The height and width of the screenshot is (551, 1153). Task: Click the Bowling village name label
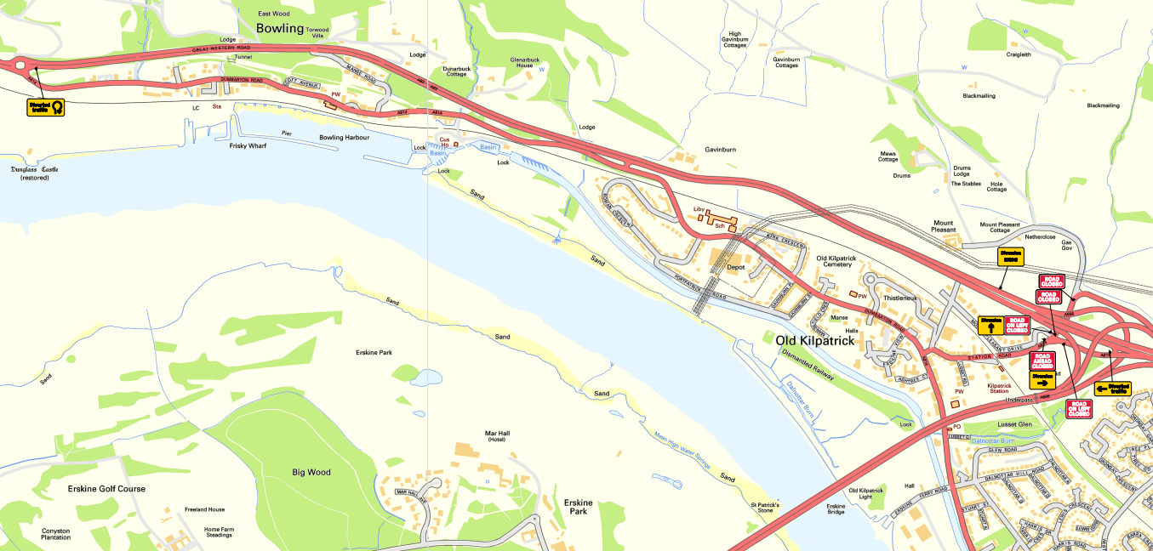[280, 28]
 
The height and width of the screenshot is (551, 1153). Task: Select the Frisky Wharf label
[248, 145]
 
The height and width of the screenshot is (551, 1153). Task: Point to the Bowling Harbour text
[344, 137]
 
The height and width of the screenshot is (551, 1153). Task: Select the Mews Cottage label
[888, 156]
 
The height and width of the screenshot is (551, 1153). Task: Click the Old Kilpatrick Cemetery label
[846, 262]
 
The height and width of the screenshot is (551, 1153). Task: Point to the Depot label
[736, 267]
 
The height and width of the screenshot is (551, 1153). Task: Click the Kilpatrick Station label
[998, 389]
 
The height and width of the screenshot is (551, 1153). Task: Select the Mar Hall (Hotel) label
[497, 436]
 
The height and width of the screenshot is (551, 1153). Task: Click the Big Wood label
[311, 472]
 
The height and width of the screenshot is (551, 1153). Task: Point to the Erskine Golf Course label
[106, 489]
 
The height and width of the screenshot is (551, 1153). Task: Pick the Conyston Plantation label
[55, 534]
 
